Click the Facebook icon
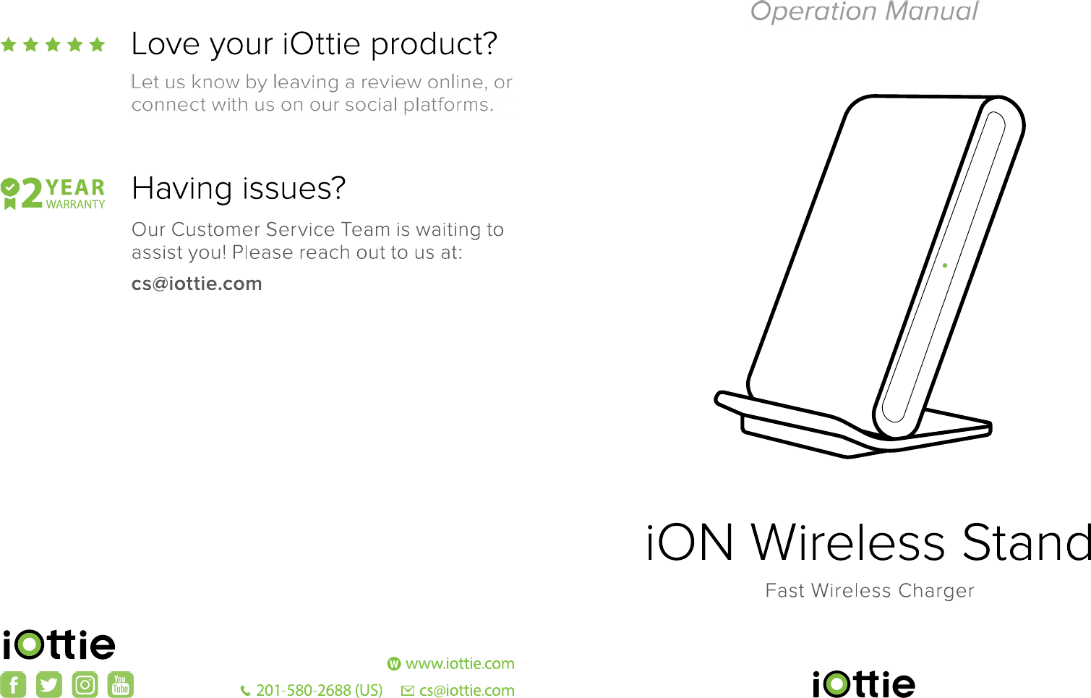13,684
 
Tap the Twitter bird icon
49,684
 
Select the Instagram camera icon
85,684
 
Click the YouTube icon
120,684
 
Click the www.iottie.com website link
460,663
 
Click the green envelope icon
408,691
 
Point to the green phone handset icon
246,691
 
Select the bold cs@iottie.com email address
197,284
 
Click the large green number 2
32,193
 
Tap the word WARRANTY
75,204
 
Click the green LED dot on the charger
945,265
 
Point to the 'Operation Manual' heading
864,11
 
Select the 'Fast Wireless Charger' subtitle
870,590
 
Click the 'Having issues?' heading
239,189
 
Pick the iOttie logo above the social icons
59,644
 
